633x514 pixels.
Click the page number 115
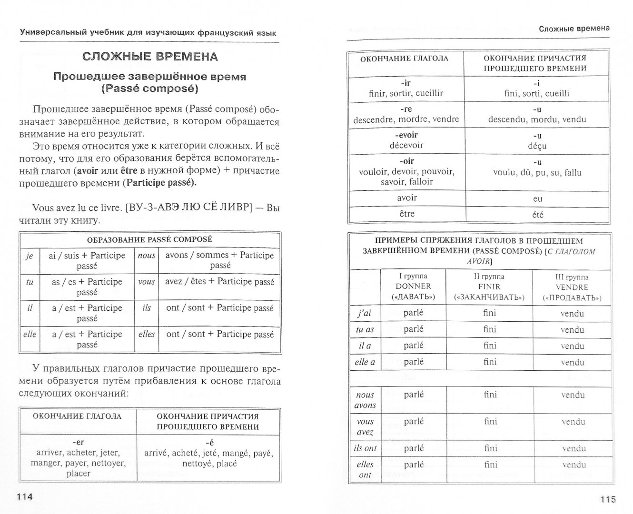(608, 499)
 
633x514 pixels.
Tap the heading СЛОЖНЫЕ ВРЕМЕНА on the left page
(150, 57)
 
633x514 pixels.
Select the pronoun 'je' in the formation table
(29, 256)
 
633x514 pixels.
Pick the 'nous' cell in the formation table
(147, 255)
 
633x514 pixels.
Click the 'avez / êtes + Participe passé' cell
(219, 281)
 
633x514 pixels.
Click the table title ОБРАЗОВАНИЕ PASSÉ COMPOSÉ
(149, 239)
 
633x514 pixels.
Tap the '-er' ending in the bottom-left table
(79, 442)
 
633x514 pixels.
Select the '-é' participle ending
(208, 442)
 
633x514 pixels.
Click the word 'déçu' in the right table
(537, 146)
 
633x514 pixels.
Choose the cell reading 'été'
(537, 215)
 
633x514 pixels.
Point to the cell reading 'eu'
(537, 198)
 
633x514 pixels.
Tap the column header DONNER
(413, 287)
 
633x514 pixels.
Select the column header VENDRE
(572, 287)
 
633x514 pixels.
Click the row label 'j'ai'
(365, 313)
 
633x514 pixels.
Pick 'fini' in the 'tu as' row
(489, 329)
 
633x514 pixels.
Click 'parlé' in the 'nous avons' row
(413, 395)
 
